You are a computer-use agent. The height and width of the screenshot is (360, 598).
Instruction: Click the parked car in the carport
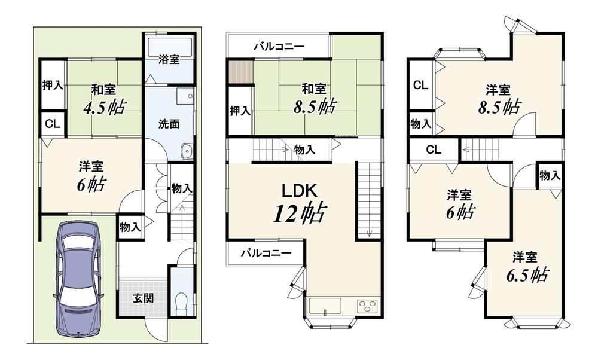[78, 280]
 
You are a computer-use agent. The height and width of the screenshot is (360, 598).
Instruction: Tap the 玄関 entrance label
[144, 298]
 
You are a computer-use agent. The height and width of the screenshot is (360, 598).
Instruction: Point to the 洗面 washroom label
[169, 124]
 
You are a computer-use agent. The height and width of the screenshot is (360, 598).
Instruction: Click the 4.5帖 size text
[103, 108]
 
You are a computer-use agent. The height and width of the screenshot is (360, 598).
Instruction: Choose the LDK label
[299, 190]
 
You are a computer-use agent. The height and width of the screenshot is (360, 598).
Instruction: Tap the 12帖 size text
[300, 213]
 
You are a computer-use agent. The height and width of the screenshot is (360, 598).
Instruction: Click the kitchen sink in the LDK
[325, 306]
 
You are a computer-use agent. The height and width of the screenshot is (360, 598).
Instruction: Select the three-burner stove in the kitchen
[367, 306]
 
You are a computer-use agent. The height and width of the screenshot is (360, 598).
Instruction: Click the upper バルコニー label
[279, 47]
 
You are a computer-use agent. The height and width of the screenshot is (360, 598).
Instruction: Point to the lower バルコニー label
[266, 252]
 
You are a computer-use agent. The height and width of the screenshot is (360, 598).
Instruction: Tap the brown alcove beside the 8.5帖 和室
[241, 71]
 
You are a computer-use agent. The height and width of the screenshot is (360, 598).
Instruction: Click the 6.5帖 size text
[527, 274]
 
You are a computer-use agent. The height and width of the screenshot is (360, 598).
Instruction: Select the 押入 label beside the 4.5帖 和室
[53, 86]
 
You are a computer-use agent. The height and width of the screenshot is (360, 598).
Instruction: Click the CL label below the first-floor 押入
[53, 124]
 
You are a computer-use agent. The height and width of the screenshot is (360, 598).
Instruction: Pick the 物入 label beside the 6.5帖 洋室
[550, 175]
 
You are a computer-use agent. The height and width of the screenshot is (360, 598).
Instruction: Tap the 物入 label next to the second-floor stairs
[304, 150]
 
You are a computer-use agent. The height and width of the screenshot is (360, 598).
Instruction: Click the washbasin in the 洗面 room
[187, 151]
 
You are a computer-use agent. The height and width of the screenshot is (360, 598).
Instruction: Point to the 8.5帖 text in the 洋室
[499, 107]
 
